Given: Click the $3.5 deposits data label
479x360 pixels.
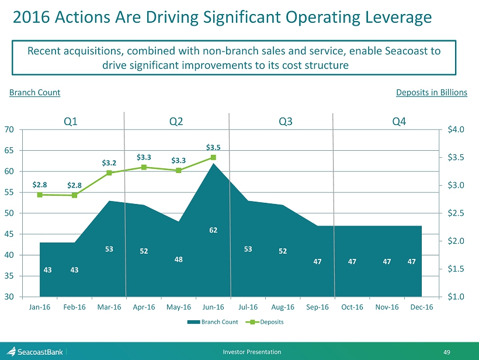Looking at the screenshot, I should coord(213,147).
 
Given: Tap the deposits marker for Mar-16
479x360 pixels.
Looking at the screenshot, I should coord(109,173).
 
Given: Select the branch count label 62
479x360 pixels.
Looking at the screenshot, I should coord(213,230).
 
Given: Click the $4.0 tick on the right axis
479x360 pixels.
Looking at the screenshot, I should coord(453,129).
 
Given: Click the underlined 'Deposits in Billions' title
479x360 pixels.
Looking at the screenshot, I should coord(431,92).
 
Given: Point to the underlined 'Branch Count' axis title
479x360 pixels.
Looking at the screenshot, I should coord(35,92).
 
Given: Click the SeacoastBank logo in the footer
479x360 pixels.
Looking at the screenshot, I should coord(35,352).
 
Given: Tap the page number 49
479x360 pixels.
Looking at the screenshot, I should coord(463,352).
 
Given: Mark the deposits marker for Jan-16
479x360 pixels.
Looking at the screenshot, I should coord(40,195).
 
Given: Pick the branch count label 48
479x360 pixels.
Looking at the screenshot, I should coord(179,259).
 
